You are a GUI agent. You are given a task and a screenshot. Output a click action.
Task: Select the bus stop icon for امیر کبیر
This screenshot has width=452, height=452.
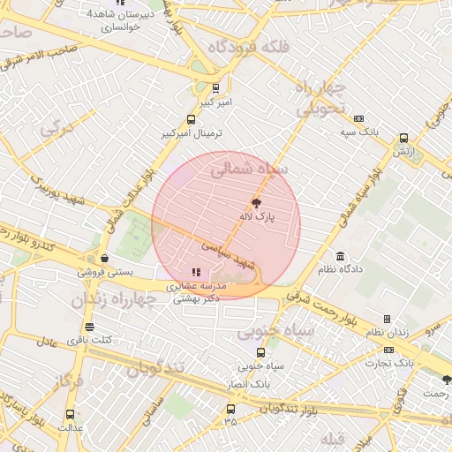pos(216,87)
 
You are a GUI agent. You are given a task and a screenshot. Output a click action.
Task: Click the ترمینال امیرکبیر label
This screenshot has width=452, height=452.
pos(192,133)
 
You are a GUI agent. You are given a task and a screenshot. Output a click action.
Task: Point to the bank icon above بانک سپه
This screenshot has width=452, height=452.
pos(358,118)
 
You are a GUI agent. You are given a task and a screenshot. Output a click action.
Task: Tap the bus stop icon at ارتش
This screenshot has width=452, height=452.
pos(403,138)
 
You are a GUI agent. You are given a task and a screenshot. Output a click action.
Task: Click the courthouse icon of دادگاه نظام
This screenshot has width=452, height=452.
pos(340,256)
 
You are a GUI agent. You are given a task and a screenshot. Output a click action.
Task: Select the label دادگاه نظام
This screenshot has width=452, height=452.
pos(340,268)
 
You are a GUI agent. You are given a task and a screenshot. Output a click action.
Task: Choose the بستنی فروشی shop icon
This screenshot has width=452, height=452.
pos(105,259)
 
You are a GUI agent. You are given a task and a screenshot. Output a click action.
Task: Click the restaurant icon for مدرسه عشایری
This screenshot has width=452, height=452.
pos(196,272)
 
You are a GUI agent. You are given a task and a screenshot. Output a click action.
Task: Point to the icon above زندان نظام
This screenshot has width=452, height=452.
pos(387,319)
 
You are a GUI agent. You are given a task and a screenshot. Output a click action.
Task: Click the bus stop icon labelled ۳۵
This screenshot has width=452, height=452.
pos(230,409)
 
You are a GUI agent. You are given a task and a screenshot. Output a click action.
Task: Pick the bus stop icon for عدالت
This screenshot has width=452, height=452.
pos(71,414)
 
